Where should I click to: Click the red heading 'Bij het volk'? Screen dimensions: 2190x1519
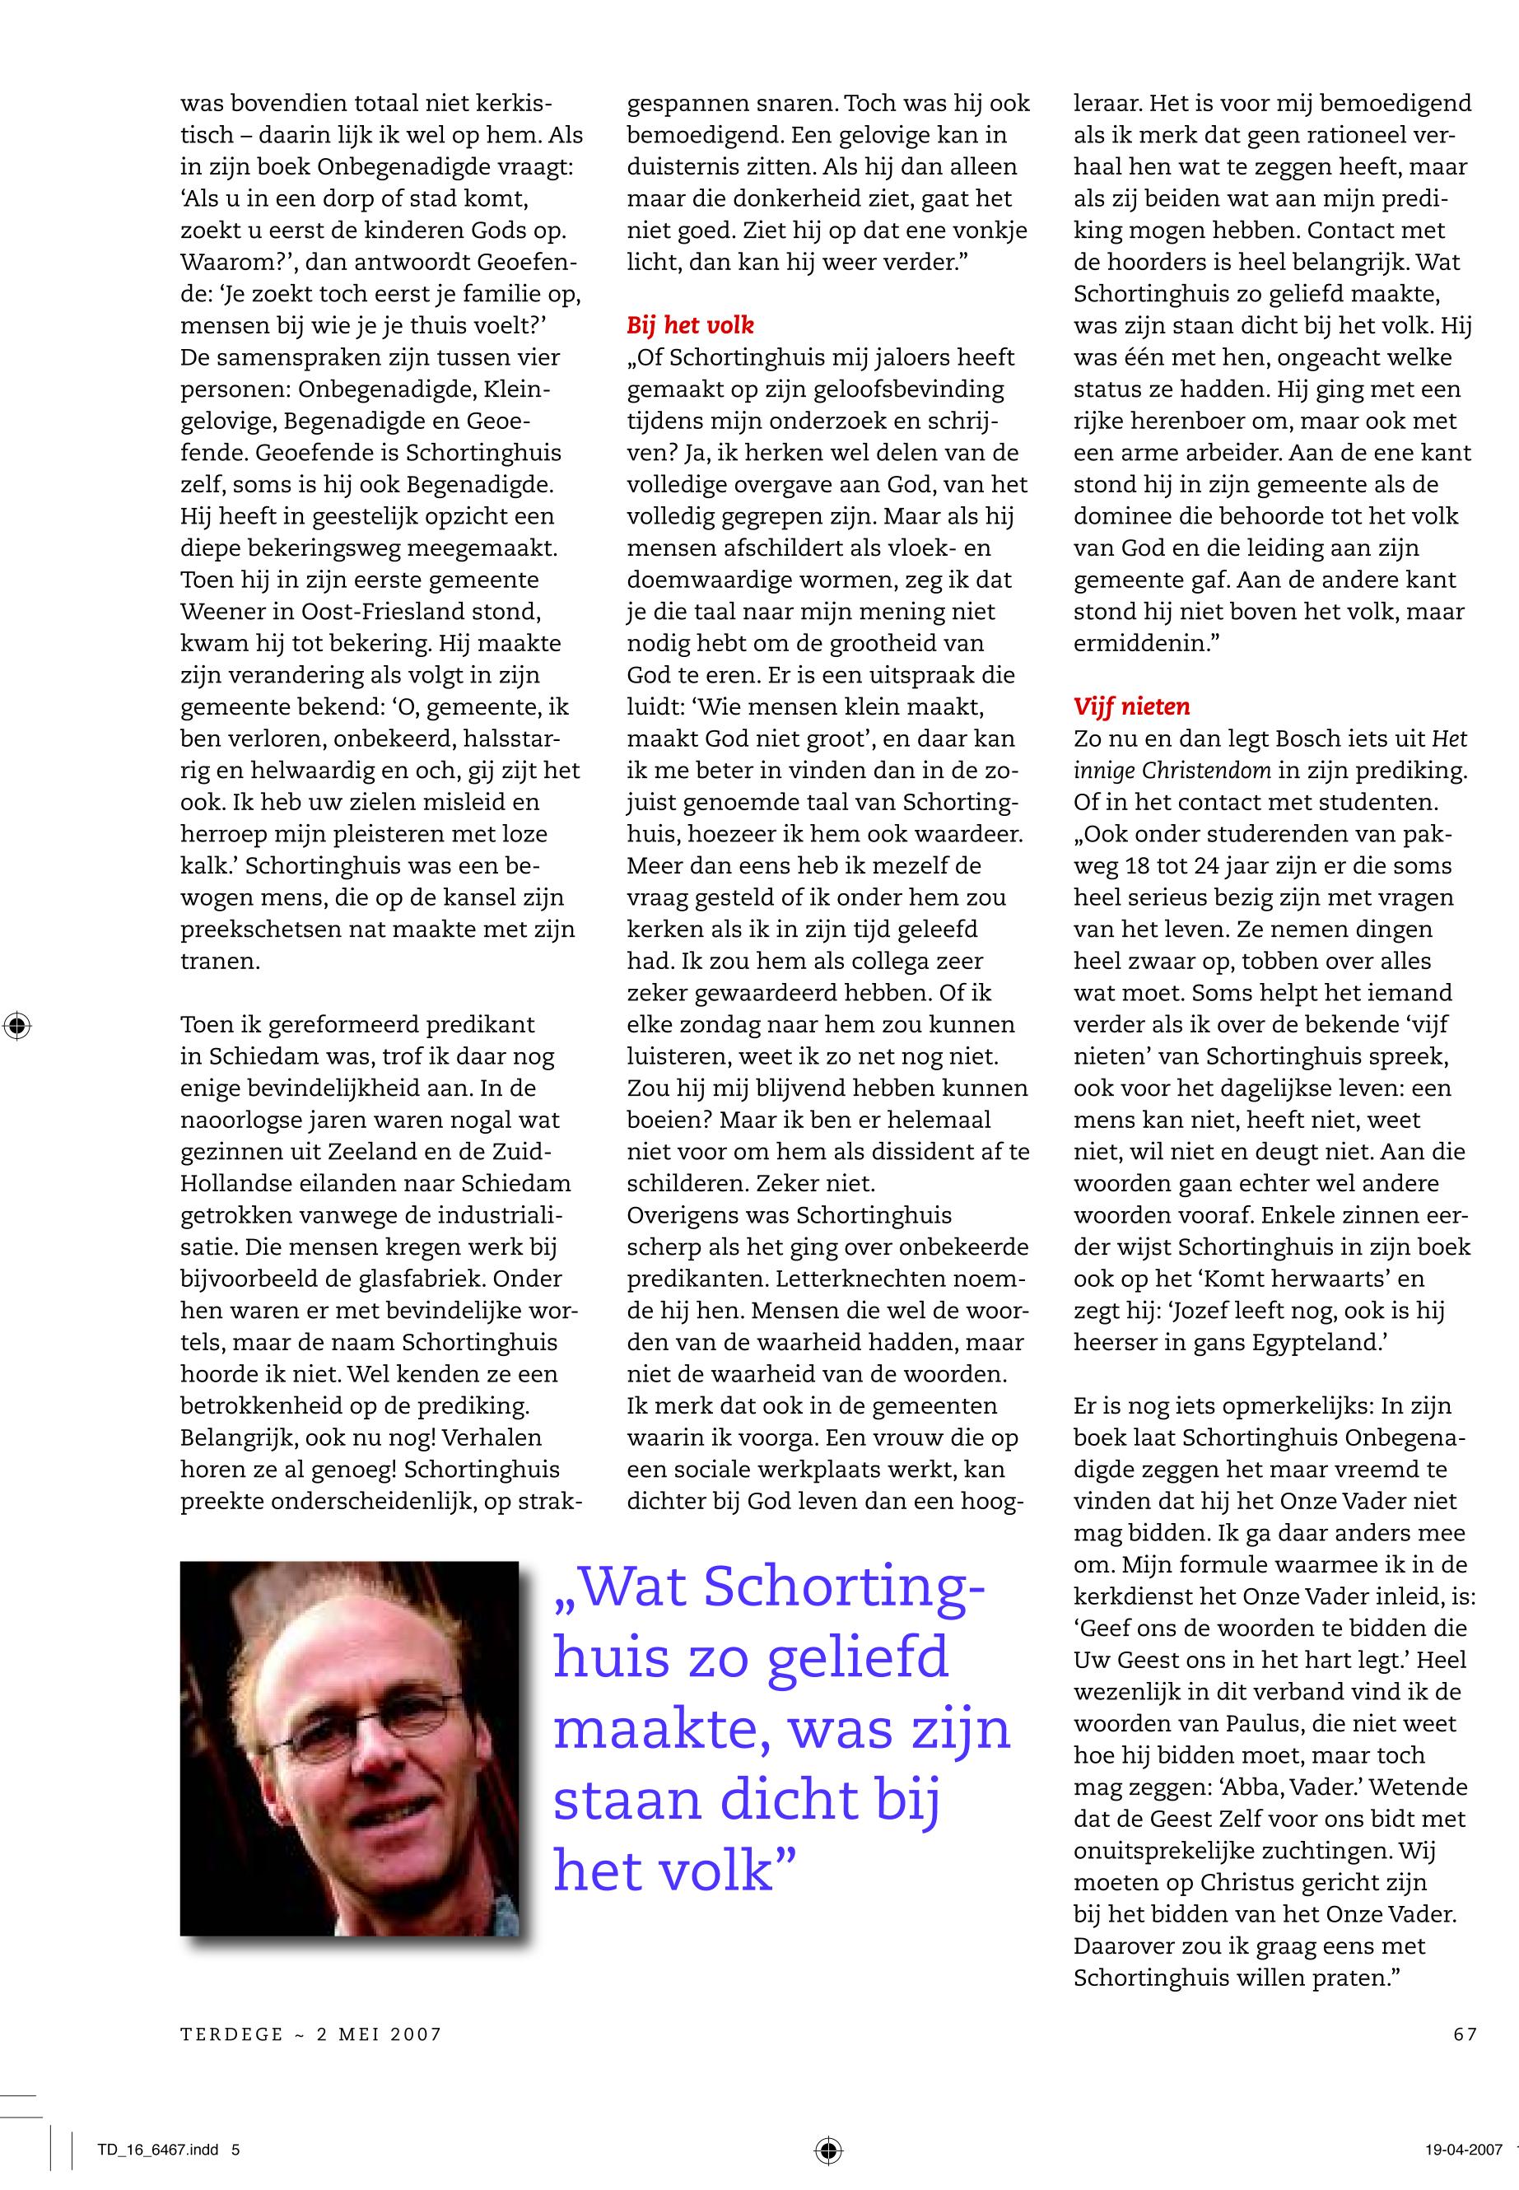(689, 325)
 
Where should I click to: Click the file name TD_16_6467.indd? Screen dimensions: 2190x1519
(158, 2149)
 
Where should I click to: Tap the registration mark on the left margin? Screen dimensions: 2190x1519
(17, 1026)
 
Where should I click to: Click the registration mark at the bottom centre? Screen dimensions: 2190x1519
(828, 2149)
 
